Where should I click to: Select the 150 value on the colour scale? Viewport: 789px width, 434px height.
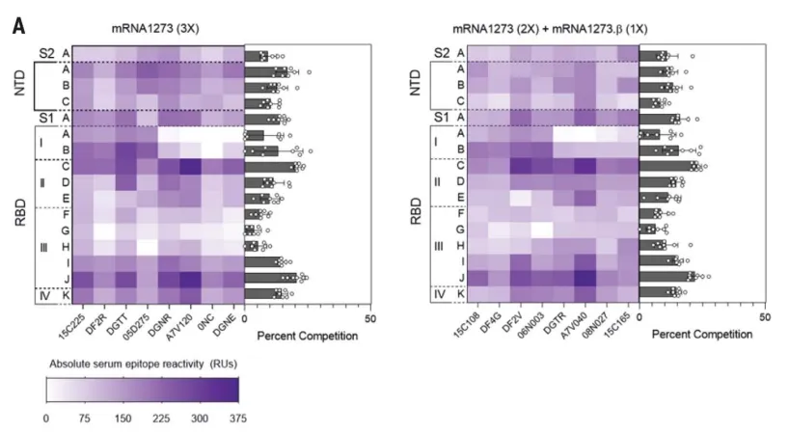[123, 420]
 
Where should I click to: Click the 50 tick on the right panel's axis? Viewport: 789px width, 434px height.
[765, 317]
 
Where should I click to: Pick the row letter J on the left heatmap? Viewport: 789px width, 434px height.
[65, 278]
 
